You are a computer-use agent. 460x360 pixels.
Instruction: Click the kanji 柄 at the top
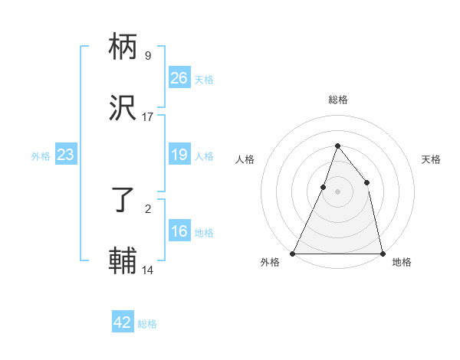(123, 47)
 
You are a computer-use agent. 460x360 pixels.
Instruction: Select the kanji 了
(123, 201)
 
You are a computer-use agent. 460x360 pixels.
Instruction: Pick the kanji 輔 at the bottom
(123, 261)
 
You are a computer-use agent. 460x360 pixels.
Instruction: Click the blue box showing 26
(179, 78)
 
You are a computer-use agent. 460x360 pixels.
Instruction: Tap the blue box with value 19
(179, 155)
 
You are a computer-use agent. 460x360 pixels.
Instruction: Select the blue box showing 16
(179, 232)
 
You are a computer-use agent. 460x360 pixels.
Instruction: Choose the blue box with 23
(66, 155)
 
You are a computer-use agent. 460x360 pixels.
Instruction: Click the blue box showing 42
(123, 322)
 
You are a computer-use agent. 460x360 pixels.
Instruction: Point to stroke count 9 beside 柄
(148, 56)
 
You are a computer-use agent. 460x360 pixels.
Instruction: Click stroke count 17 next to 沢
(148, 117)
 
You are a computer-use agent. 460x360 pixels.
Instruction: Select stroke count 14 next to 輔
(148, 270)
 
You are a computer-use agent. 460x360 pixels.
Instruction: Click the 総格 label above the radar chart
(337, 100)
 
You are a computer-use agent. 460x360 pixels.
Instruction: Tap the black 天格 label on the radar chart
(431, 159)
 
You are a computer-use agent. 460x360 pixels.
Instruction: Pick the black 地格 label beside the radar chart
(402, 262)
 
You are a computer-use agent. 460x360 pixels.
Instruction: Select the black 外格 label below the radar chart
(271, 262)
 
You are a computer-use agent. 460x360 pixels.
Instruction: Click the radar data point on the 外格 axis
(293, 253)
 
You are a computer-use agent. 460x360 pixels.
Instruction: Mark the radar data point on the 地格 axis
(382, 253)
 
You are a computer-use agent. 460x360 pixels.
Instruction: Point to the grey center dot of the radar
(337, 191)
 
